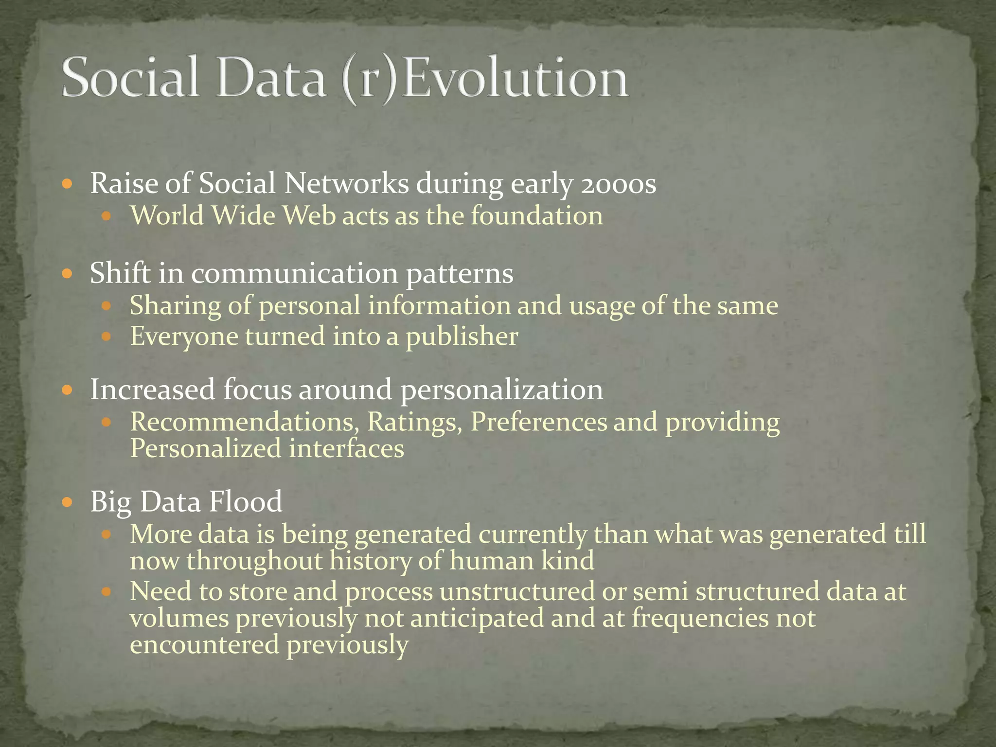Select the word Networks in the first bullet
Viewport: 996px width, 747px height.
(x=346, y=184)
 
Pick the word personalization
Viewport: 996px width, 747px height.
(x=501, y=390)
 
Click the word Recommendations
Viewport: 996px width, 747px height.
(x=244, y=422)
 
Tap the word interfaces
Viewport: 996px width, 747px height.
(x=346, y=448)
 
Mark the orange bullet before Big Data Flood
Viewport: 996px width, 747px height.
(x=68, y=501)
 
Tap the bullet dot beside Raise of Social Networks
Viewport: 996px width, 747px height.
(x=68, y=184)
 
